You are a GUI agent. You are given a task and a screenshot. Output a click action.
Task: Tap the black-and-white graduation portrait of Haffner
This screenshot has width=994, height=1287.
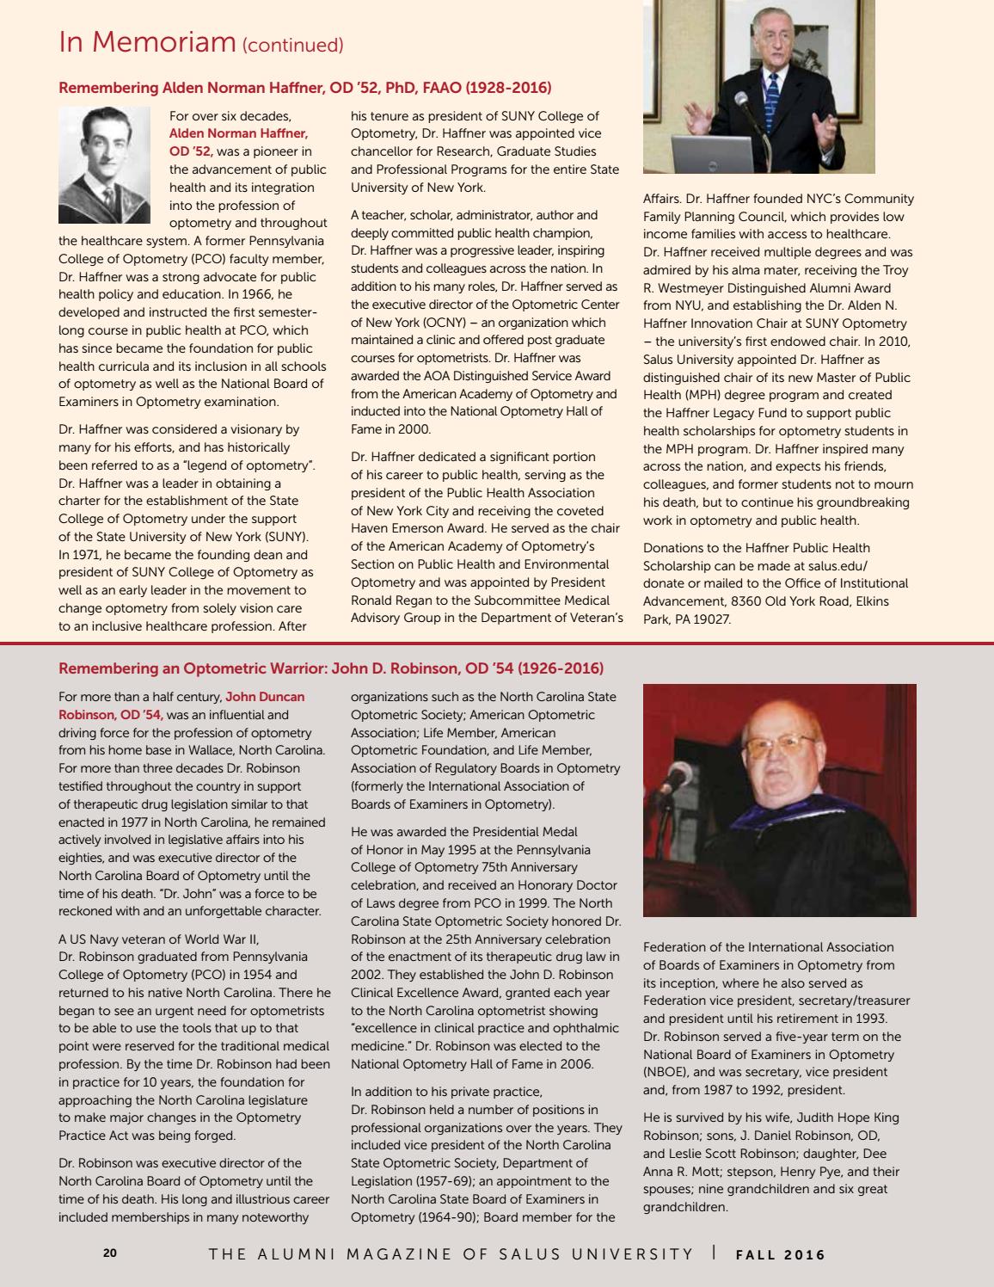point(104,165)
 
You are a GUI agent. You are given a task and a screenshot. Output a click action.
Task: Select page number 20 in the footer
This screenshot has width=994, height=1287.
point(110,1253)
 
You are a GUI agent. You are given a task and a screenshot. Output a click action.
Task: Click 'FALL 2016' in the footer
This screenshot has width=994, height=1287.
point(781,1254)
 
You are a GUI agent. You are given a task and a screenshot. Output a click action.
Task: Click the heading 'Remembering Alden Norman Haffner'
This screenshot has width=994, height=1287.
point(304,88)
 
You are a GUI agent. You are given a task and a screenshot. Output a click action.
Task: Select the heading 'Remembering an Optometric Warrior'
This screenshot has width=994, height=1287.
point(330,668)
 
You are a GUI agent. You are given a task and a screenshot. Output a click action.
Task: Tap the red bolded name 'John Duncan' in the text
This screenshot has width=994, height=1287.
point(265,697)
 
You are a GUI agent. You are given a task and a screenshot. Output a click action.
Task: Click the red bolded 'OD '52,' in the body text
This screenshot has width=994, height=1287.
point(191,151)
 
